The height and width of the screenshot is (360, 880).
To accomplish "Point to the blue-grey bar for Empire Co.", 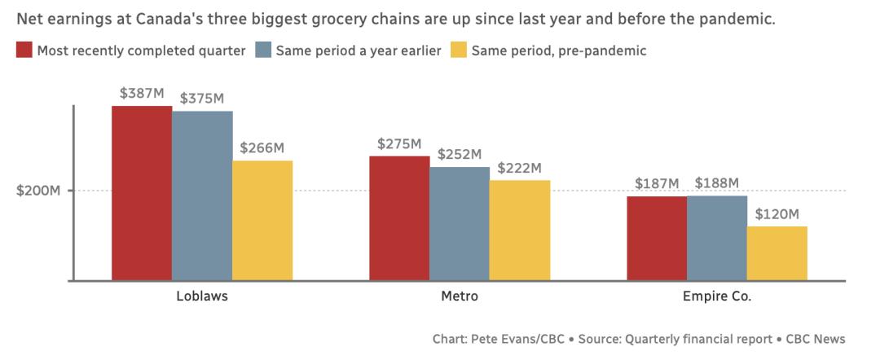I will (x=717, y=238).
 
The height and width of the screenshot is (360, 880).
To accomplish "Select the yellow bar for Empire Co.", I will (x=777, y=253).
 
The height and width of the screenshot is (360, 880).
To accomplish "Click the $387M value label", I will (x=142, y=93).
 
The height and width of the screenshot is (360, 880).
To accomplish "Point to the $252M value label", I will (x=460, y=154).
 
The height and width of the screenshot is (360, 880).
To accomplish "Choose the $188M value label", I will (x=717, y=182).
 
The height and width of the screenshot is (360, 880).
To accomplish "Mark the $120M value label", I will (x=777, y=213).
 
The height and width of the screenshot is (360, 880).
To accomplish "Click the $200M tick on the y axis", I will (x=39, y=191).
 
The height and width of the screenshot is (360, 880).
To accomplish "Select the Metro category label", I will (x=460, y=296).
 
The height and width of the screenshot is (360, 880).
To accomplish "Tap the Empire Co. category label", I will (x=717, y=296).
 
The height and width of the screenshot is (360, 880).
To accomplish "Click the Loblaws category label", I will (x=202, y=296).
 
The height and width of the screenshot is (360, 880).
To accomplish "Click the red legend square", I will (x=24, y=50).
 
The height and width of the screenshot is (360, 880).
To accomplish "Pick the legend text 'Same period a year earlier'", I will (x=359, y=50).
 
